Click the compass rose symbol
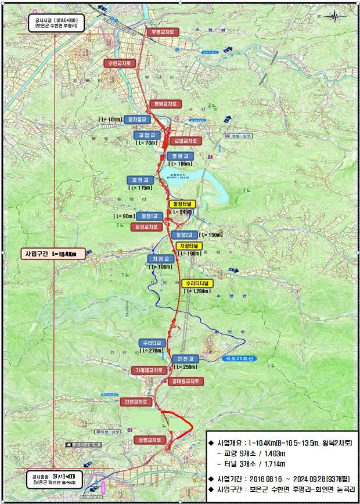[334, 16]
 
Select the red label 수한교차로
[120, 62]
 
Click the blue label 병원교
[178, 156]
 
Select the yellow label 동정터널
[183, 204]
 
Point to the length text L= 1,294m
[199, 291]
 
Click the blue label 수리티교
[153, 343]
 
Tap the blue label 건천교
[185, 358]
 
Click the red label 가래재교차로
[150, 370]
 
